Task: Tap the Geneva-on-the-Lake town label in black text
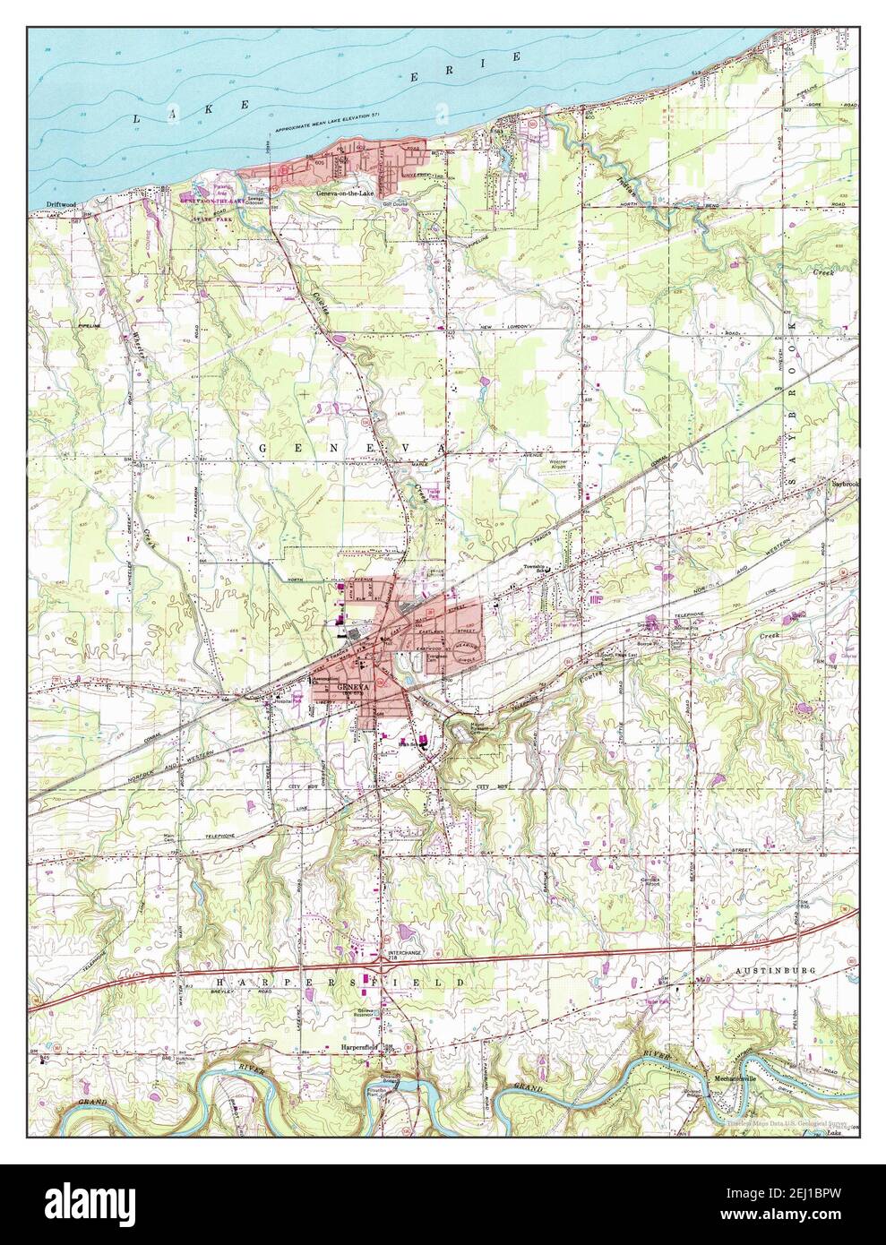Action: pos(340,192)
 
